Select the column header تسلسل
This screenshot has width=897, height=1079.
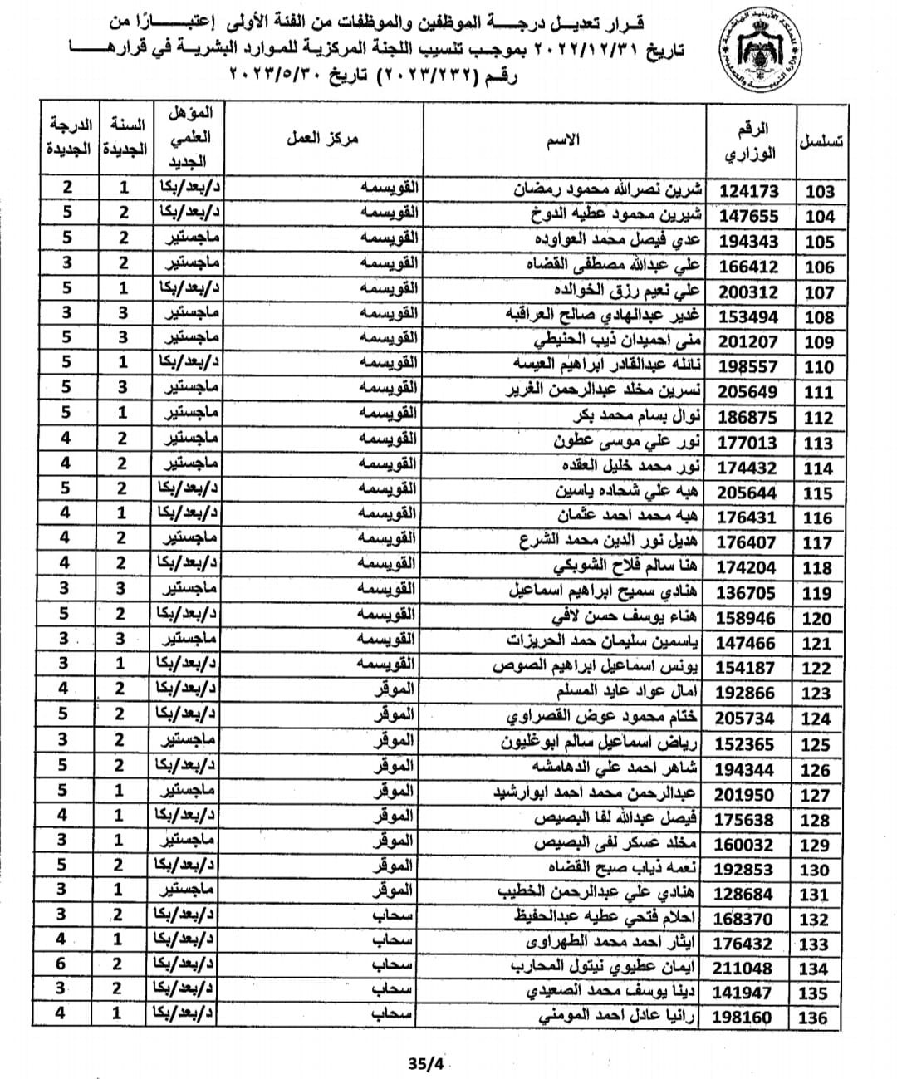819,140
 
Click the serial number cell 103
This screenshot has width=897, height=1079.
819,192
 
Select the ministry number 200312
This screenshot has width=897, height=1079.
749,292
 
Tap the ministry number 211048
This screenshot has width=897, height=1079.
745,968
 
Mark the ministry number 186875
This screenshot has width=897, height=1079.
748,417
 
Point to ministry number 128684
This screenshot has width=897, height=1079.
745,894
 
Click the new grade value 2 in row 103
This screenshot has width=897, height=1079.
67,188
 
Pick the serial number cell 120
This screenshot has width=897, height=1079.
817,618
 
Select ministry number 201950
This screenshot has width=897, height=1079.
745,794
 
